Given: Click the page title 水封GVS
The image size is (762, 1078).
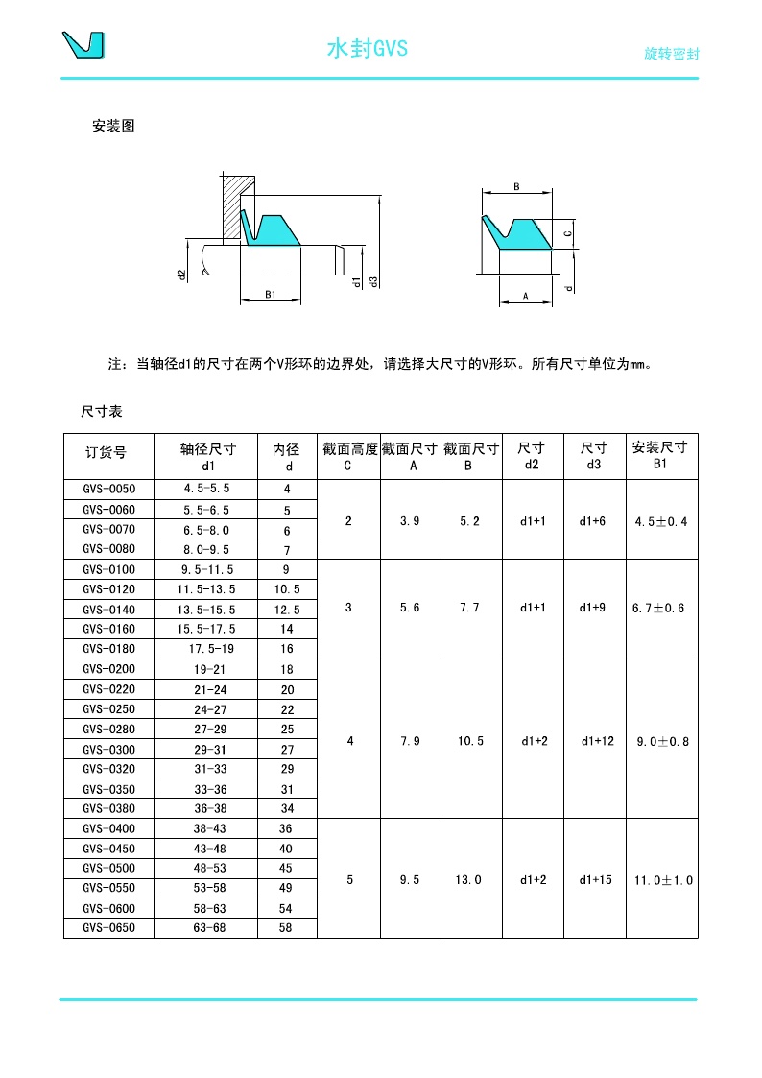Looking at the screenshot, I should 368,49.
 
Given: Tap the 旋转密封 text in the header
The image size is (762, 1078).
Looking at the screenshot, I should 671,54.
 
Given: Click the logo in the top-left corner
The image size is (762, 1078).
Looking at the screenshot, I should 83,45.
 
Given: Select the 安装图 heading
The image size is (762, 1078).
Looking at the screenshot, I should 113,126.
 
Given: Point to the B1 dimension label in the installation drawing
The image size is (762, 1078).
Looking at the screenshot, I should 271,296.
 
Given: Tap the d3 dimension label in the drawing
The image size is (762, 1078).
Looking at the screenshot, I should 373,281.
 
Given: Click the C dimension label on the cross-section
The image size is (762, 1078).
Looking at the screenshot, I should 568,233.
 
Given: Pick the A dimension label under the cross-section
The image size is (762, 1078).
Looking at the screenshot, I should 526,298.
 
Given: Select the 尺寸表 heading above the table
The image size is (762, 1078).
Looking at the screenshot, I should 102,411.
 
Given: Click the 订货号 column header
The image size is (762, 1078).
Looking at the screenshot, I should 106,452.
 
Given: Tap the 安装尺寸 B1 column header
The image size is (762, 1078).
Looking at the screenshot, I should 660,454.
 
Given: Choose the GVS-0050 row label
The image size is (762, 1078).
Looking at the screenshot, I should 108,489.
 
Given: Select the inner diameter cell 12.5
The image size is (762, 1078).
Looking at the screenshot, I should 287,609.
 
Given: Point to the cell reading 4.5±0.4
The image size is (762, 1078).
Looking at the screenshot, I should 661,521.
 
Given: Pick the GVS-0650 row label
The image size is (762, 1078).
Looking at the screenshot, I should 108,928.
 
